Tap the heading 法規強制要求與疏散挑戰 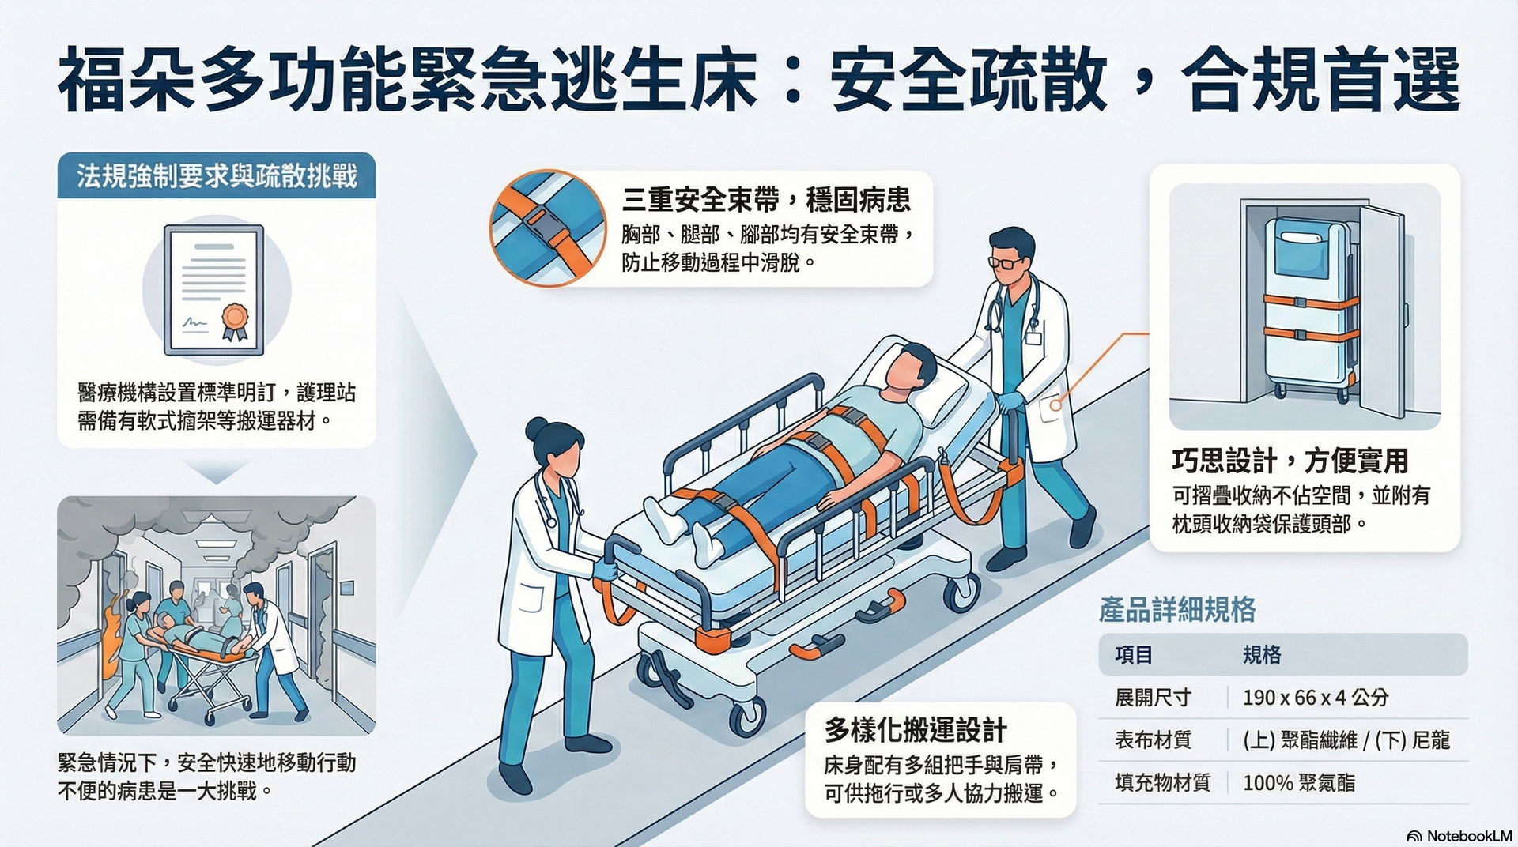(217, 175)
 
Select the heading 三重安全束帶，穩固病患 (766, 200)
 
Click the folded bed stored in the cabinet (1308, 308)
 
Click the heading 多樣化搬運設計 (916, 730)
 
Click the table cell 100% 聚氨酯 (1299, 783)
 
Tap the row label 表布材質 (1153, 740)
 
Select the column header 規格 (1262, 655)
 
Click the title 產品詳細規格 (1177, 610)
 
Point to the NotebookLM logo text (1469, 835)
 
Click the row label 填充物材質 (1162, 783)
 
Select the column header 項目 (1134, 655)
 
